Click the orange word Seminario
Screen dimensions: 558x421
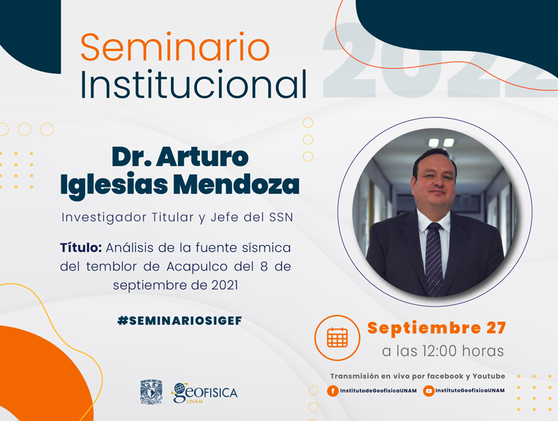175,47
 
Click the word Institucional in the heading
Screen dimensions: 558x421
194,84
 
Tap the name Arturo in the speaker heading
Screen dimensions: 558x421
202,156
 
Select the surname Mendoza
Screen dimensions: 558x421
236,184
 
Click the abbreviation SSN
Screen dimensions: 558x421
281,217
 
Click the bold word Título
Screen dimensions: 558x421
81,247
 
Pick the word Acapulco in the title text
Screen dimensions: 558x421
197,267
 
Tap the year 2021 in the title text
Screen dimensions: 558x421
225,286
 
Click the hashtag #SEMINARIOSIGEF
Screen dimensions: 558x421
180,320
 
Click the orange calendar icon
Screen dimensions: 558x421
337,338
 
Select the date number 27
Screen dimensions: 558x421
496,327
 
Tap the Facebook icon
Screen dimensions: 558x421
333,391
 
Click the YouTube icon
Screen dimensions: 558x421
428,391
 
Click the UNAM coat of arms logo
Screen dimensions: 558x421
151,392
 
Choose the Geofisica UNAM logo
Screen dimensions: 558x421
204,393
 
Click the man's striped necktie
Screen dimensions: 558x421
434,259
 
